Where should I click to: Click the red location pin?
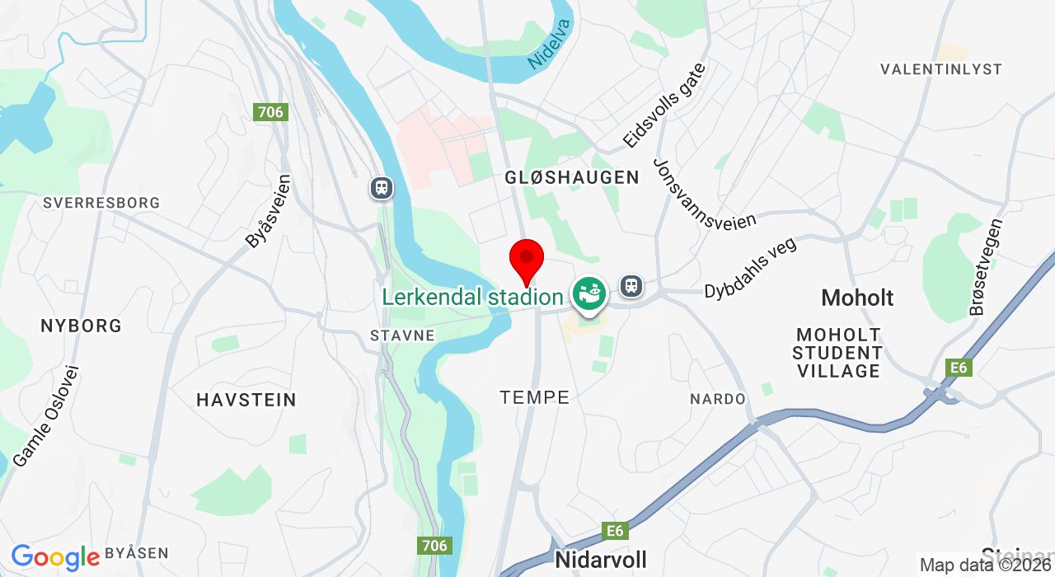[x=527, y=259]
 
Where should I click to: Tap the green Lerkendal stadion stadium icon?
[x=589, y=293]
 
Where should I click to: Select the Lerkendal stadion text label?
[x=472, y=297]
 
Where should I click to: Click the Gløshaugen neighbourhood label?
[x=572, y=177]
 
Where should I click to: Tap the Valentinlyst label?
[x=940, y=69]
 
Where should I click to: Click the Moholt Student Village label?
[x=838, y=353]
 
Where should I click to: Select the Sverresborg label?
[x=101, y=203]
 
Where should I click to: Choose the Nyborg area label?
[x=81, y=326]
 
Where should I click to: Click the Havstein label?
[x=246, y=401]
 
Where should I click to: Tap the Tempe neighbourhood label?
[x=535, y=397]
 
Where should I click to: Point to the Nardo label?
[x=717, y=399]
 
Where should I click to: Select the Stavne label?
[x=402, y=335]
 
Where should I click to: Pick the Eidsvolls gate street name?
[x=664, y=106]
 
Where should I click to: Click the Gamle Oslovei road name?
[x=46, y=415]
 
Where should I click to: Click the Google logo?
[x=55, y=558]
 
